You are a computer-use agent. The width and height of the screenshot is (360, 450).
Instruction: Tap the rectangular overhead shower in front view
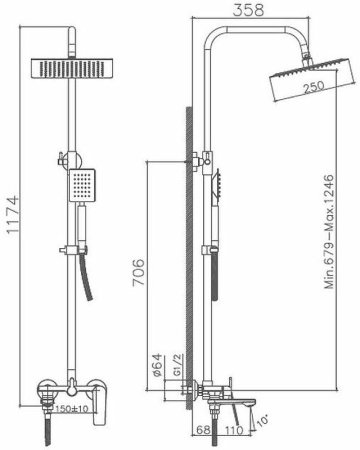(70, 72)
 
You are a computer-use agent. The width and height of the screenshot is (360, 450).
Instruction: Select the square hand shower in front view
(85, 184)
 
